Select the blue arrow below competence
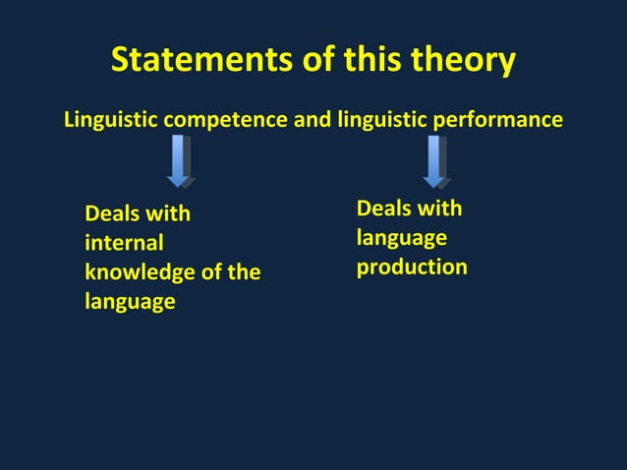click(x=179, y=161)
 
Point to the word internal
click(x=124, y=243)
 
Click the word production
click(x=412, y=266)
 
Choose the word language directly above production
click(x=401, y=238)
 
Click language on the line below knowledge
click(x=130, y=302)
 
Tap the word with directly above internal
click(x=168, y=214)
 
